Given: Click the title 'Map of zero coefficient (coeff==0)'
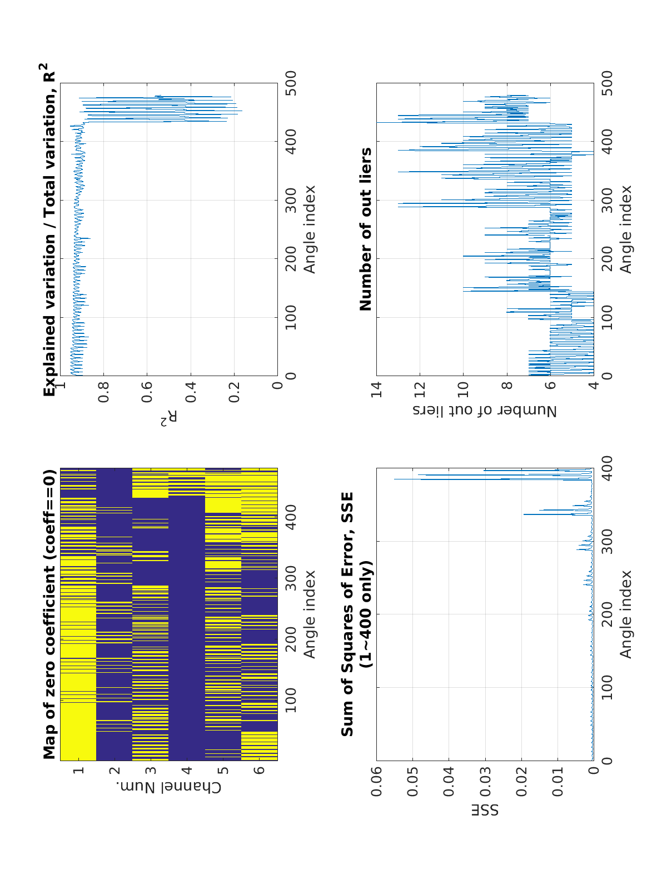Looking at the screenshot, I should coord(49,614).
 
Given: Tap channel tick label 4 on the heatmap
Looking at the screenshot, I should coord(186,770).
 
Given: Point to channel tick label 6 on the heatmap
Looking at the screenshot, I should coord(259,770).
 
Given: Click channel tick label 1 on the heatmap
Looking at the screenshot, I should coord(78,770).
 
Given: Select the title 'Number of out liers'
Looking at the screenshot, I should coord(366,229).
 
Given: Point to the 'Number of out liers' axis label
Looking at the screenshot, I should coord(485,411).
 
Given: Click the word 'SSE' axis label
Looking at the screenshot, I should coord(485,810).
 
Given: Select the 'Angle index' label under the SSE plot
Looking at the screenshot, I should coord(626,614).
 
